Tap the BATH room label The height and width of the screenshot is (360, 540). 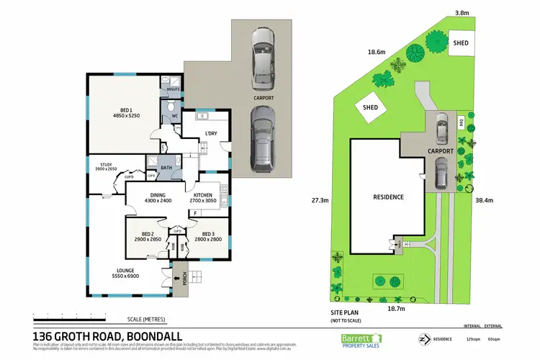pos(166,168)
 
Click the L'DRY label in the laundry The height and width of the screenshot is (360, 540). pos(211,134)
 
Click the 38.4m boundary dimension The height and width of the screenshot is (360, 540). pos(483,201)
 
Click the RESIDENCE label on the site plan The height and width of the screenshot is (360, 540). pos(388,197)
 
